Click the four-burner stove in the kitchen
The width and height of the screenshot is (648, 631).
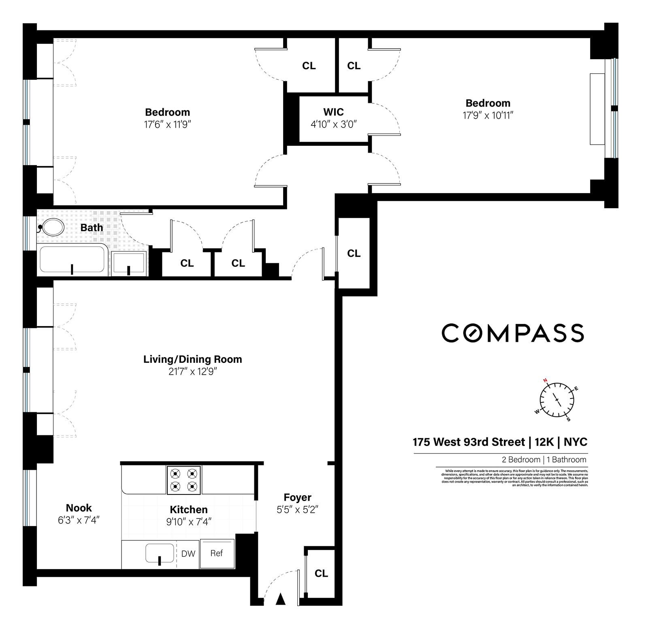point(183,480)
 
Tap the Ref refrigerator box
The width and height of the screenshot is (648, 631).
point(217,553)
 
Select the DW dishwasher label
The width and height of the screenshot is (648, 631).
point(188,554)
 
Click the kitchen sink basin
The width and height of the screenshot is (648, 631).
point(160,553)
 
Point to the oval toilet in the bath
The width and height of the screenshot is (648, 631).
point(53,227)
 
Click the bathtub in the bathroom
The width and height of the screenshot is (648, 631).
point(72,259)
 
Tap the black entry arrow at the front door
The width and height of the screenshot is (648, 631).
point(280,599)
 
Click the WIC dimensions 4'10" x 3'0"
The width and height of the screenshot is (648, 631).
point(333,124)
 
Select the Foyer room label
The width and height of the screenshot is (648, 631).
point(297,497)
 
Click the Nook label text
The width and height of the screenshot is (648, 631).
point(79,508)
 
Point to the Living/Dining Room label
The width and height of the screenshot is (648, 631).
point(192,359)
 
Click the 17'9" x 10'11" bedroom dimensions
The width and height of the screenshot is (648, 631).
point(488,115)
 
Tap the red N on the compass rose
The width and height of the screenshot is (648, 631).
point(545,380)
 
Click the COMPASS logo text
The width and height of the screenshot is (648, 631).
point(512,333)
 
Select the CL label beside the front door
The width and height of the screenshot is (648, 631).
point(321,573)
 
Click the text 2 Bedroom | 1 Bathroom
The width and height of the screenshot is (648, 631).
point(544,460)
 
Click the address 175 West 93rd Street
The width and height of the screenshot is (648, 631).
point(468,442)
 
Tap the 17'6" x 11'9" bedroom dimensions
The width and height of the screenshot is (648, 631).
point(167,124)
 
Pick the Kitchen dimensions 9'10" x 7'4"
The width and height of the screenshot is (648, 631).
point(189,522)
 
